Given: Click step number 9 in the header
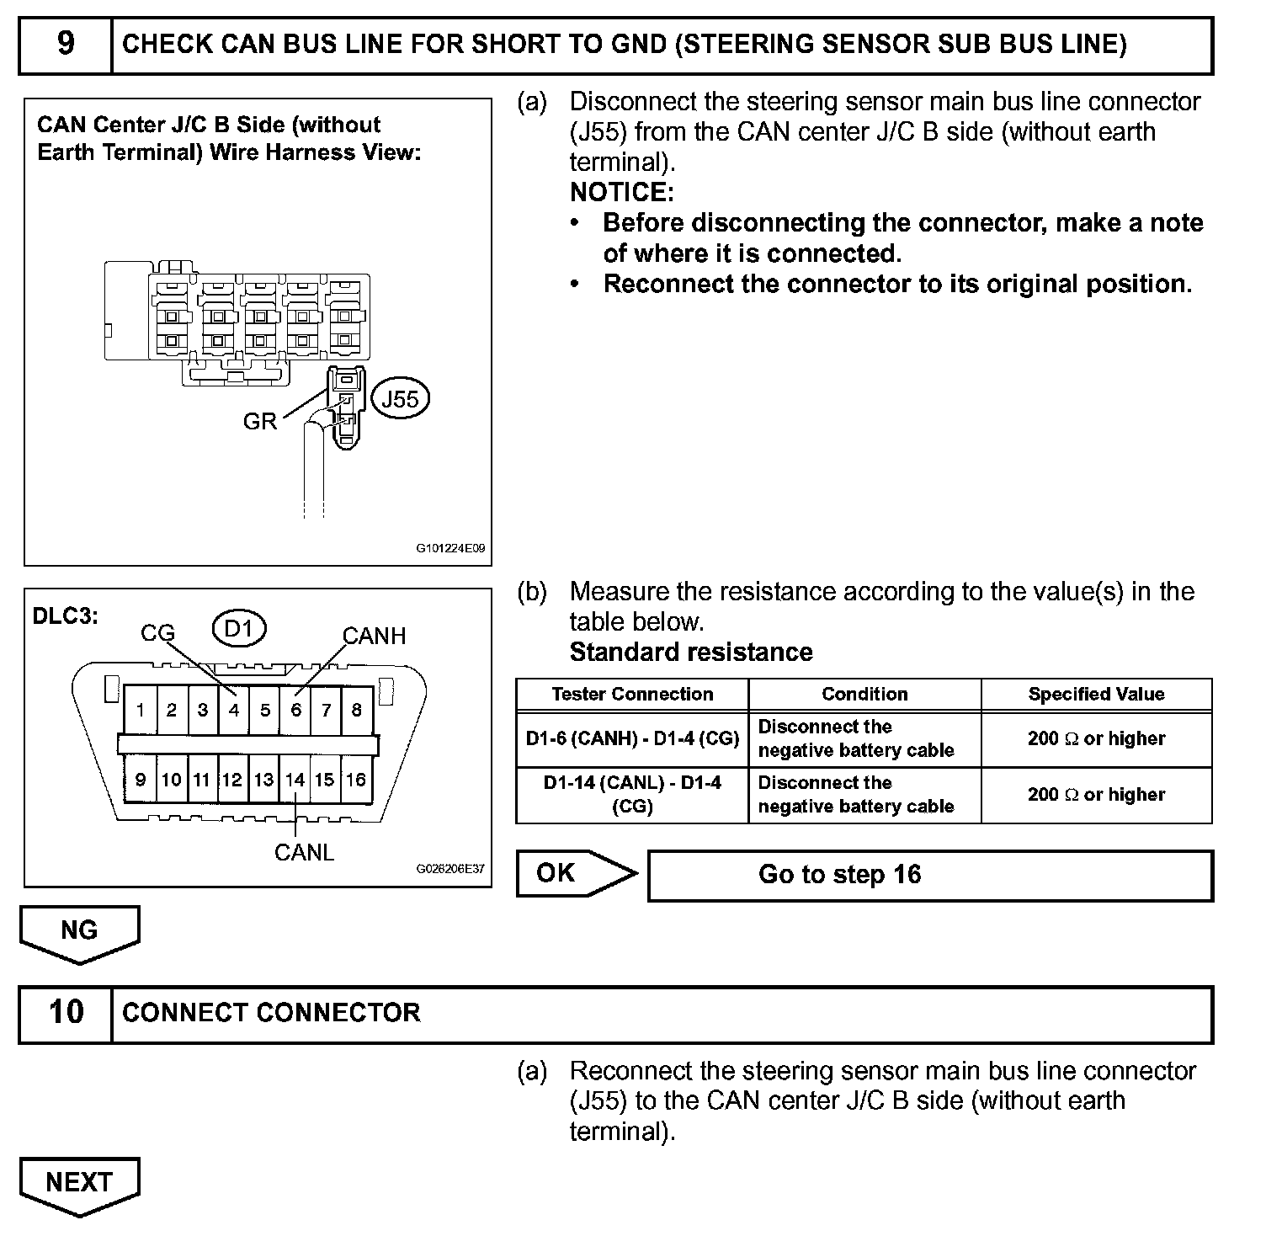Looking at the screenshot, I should point(66,44).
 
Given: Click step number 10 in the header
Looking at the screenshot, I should point(66,1012).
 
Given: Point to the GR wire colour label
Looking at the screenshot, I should point(259,421).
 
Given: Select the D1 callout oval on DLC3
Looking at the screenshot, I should point(239,628).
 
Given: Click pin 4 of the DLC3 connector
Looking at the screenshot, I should point(234,710).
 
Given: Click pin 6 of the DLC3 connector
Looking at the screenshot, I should point(295,710).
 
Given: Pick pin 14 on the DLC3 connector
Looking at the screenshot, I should point(295,780).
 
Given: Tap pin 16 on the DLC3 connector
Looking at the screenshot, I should point(356,780).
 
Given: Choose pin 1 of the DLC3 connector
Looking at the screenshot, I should point(140,710).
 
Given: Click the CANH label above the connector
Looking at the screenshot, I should point(374,636).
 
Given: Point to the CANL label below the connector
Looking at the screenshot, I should point(304,852).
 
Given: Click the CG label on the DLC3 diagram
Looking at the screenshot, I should point(157,633).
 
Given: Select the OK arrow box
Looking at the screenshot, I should point(575,874).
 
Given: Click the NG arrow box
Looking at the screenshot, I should point(79,931).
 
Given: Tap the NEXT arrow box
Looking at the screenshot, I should point(79,1183).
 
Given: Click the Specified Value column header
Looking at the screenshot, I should point(1096,695).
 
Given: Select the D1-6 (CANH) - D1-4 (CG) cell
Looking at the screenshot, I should point(632,738).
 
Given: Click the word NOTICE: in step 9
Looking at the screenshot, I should point(622,193).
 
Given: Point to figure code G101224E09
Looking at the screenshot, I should point(450,548).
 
